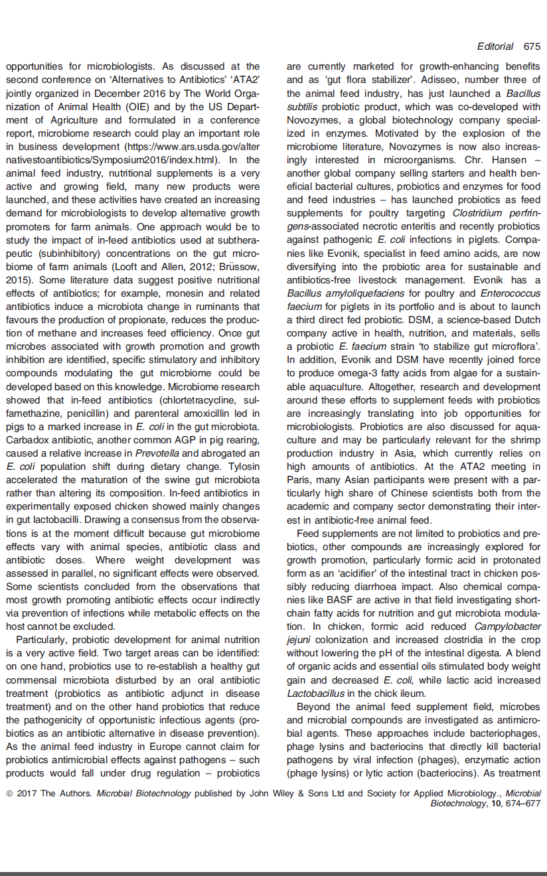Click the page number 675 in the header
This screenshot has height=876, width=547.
[x=532, y=46]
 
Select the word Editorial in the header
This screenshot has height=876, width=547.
[x=495, y=46]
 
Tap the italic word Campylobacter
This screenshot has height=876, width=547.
[x=508, y=626]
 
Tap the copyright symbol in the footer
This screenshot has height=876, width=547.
[x=9, y=793]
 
